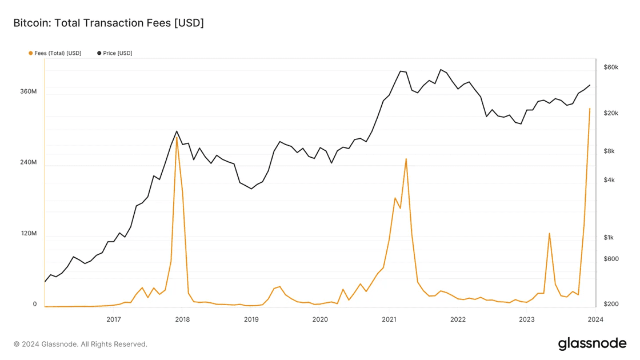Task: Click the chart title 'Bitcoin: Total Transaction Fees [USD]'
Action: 109,23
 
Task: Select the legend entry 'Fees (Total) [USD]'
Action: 57,53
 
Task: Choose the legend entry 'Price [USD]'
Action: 117,53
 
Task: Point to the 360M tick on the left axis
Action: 28,91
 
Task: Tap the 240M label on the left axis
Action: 28,162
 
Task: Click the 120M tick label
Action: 28,234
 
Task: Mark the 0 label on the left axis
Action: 35,304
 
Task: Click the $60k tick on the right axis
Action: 611,67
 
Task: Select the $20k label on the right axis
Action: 611,113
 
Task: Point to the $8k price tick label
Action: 609,151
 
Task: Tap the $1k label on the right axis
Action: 609,238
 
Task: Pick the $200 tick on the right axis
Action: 611,304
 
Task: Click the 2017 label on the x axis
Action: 114,319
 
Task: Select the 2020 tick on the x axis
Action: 320,319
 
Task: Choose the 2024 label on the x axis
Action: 595,319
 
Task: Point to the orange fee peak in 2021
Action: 406,159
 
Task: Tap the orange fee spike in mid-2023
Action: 549,233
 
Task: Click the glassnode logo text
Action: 592,343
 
